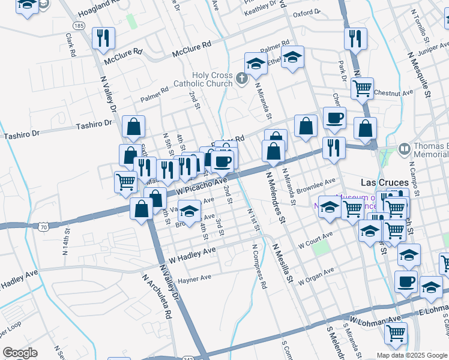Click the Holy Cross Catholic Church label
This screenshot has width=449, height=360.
(x=203, y=79)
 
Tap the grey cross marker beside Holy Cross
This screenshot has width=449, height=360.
(x=241, y=79)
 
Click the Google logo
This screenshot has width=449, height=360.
(x=20, y=353)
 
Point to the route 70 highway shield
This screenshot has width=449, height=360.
(x=42, y=227)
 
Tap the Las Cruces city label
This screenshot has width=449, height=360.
(x=384, y=182)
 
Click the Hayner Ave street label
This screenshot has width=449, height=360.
(x=194, y=278)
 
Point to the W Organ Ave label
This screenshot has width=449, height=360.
(x=316, y=275)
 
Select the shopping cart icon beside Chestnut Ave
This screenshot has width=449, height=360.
(x=362, y=89)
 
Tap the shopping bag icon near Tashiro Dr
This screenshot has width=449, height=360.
(x=133, y=127)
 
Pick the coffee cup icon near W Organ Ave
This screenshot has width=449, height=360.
(x=406, y=281)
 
